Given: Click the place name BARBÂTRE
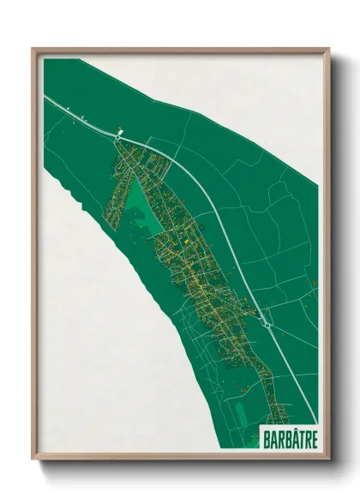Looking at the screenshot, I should coord(287,438).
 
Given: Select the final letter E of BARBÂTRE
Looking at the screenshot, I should coord(312,438).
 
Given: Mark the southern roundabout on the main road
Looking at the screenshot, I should coord(267,325).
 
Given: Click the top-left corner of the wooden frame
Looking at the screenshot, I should coord(33,49).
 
